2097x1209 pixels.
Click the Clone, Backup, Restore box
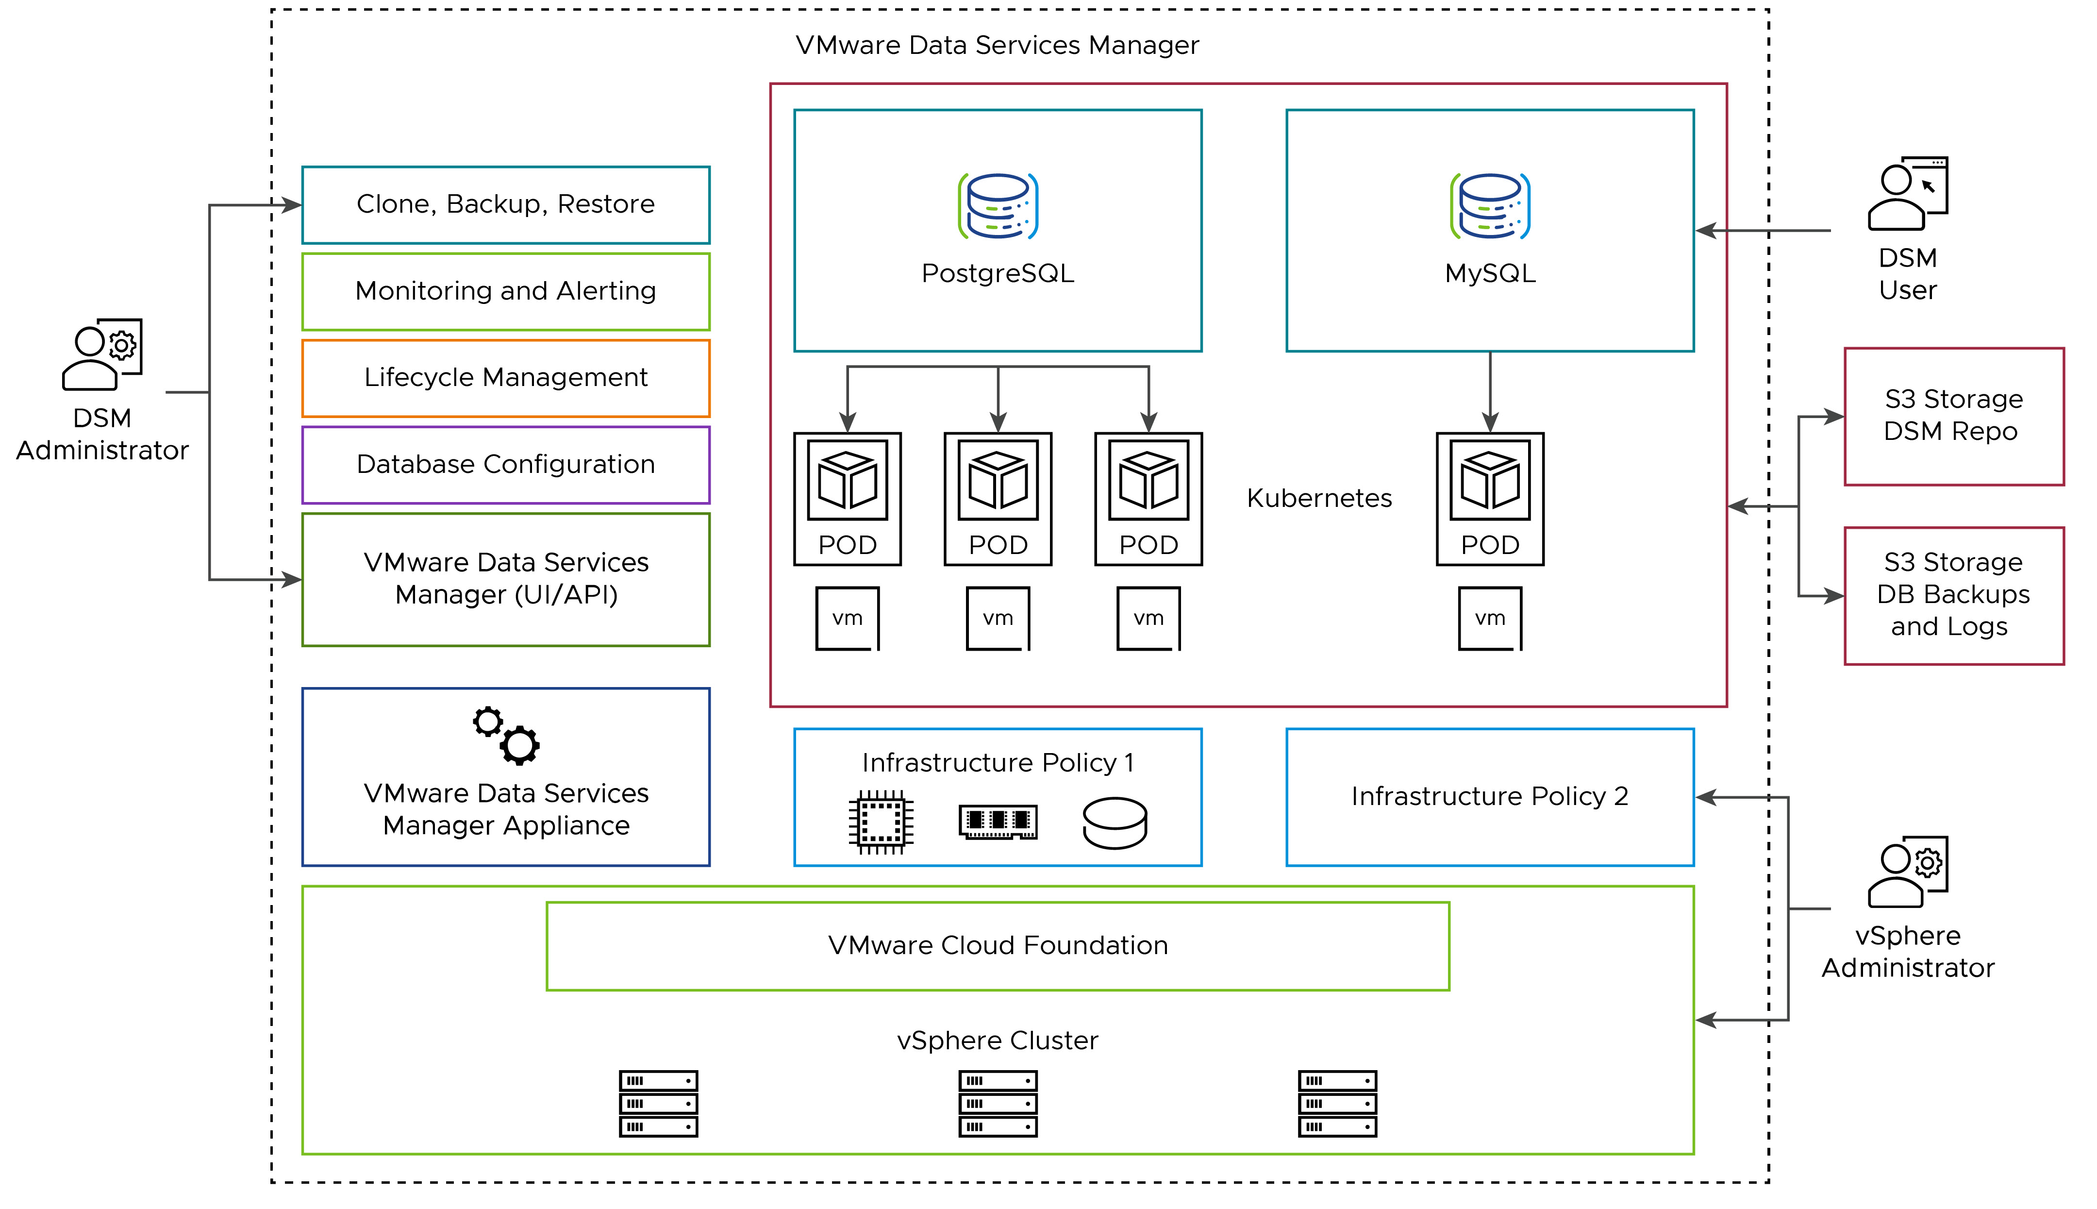[x=506, y=204]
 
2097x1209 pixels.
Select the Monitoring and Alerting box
[x=506, y=291]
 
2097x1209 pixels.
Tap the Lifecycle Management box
[x=506, y=378]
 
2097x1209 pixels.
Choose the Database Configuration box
[x=506, y=464]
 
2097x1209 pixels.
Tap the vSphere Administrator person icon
[x=1907, y=872]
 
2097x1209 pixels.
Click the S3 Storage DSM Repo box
[x=1953, y=416]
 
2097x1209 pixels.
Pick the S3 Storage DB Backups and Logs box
[x=1953, y=595]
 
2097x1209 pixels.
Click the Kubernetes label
[x=1319, y=498]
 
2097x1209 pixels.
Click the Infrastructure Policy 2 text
[x=1489, y=796]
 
